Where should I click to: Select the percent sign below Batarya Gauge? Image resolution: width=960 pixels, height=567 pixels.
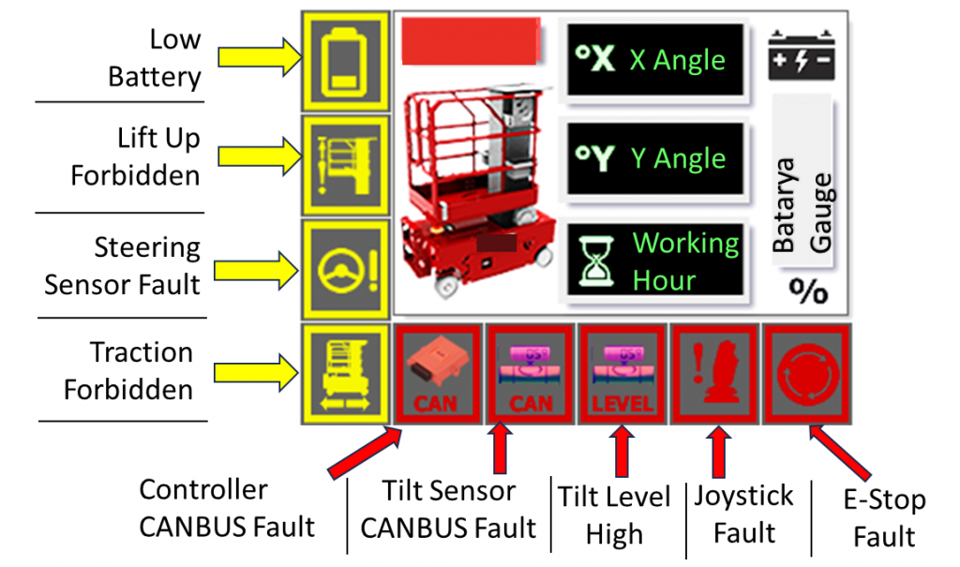coord(807,291)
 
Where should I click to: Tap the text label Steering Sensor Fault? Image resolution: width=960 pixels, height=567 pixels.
coord(123,265)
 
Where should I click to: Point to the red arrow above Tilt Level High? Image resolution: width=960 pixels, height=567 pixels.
coord(620,451)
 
